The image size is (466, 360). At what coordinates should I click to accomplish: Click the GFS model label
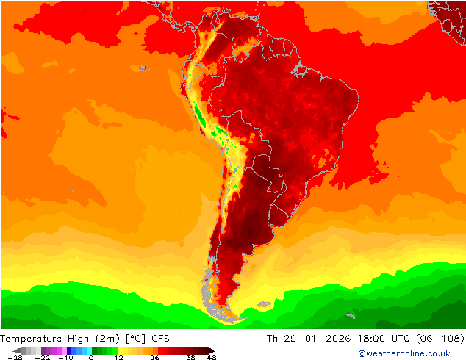(161, 339)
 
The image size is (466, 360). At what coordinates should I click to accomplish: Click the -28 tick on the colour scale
(15, 357)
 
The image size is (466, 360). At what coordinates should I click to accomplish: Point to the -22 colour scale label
(43, 357)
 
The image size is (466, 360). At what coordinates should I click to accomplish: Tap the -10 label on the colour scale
(65, 357)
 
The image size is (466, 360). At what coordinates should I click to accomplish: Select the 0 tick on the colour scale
(91, 357)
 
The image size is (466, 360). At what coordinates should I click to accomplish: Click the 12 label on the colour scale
(118, 357)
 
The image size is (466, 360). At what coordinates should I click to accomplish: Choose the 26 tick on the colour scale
(154, 357)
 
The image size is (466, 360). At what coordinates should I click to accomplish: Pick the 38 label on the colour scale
(190, 357)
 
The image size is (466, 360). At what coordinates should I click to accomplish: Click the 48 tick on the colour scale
(212, 357)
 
